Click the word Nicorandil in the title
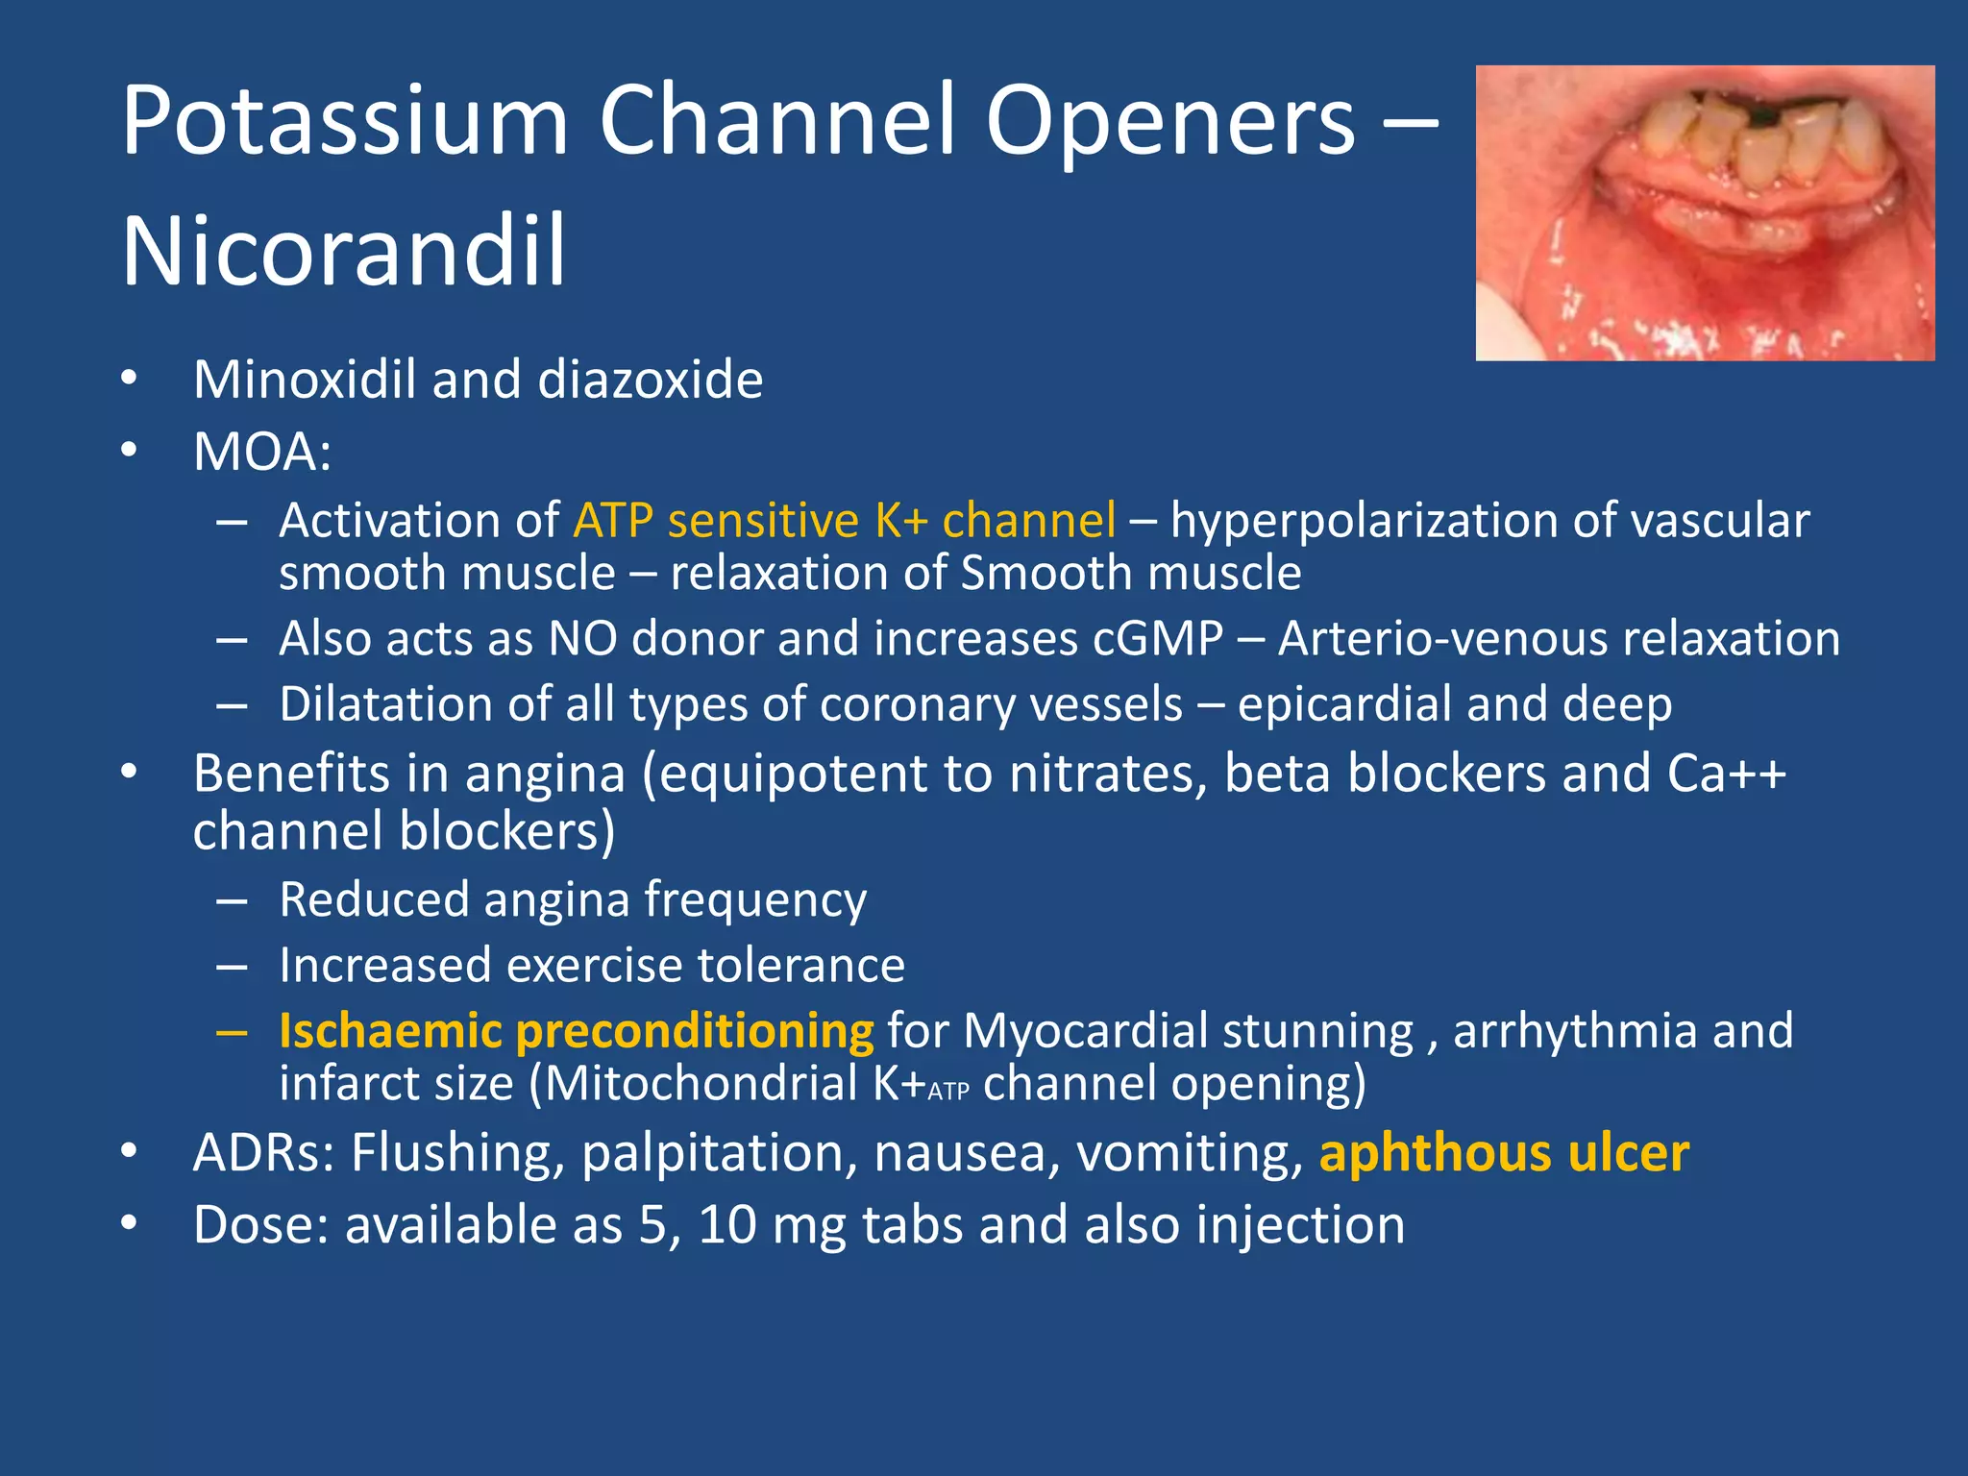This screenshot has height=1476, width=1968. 343,252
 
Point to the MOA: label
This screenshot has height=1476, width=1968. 261,452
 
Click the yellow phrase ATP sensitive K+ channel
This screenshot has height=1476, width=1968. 844,521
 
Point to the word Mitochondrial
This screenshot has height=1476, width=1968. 702,1084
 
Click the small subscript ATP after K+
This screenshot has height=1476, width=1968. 948,1092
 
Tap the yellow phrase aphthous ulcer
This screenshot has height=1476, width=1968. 1503,1153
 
